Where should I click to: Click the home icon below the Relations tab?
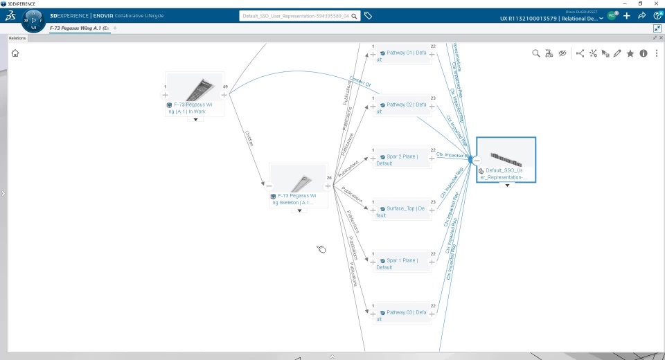point(15,53)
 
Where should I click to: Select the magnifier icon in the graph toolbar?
point(535,53)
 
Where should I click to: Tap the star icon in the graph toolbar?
point(630,53)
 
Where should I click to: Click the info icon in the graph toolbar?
point(644,53)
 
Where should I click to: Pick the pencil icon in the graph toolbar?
point(617,53)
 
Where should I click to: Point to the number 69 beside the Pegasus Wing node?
point(226,87)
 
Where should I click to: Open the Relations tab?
point(17,38)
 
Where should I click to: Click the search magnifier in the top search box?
point(355,15)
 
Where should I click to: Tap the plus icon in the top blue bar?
point(627,15)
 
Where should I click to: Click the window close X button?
point(657,3)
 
